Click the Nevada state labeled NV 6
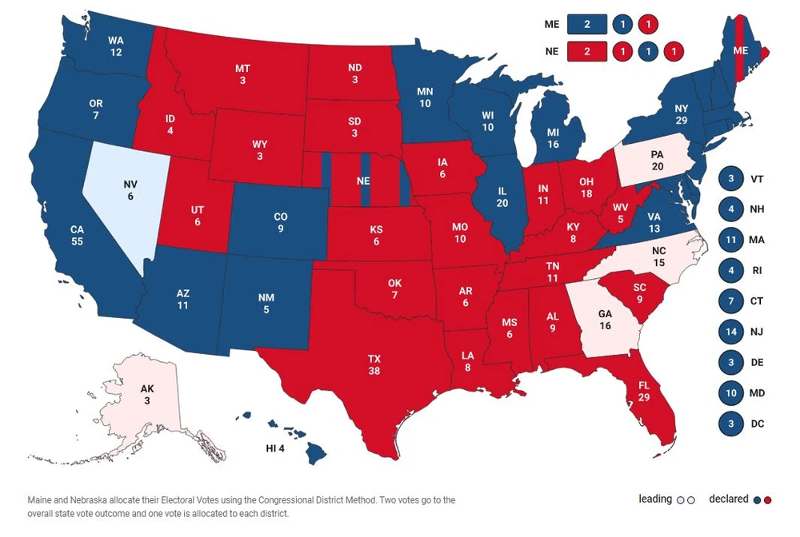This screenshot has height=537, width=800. [x=130, y=189]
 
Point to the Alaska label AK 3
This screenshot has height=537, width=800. [x=146, y=394]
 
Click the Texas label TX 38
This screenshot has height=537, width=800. [x=374, y=364]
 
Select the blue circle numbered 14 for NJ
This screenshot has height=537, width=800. [x=730, y=332]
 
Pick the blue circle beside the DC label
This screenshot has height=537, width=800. [x=730, y=423]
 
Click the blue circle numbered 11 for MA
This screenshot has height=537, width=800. [x=730, y=240]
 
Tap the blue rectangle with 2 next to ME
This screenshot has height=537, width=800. [x=586, y=25]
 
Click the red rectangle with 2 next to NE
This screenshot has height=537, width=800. [x=586, y=52]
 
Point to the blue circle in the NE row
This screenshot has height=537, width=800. [x=648, y=52]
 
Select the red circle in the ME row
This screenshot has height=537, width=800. [x=648, y=25]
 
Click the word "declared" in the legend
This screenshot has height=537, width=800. [x=728, y=499]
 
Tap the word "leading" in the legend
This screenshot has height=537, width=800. [x=655, y=499]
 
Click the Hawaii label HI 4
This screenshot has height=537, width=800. [x=275, y=447]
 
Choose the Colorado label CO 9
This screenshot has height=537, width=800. [x=280, y=223]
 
